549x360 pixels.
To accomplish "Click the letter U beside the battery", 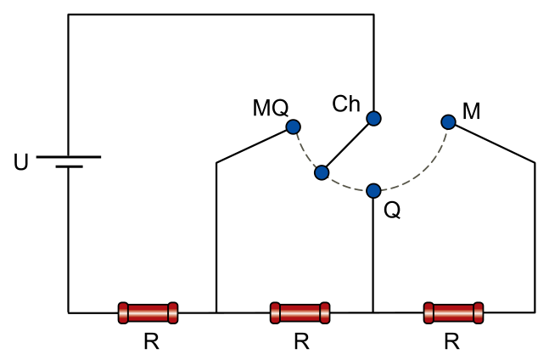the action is (x=20, y=162).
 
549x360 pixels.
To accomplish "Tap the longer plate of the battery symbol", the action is (x=69, y=157).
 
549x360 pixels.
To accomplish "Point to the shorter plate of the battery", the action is (x=69, y=166).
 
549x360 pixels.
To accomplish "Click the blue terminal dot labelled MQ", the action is (x=294, y=127).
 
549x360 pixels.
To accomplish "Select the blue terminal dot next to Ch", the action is (x=373, y=118).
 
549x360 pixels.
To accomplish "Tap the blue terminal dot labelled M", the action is (x=449, y=122).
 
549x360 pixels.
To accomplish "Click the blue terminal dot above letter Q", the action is (x=373, y=191).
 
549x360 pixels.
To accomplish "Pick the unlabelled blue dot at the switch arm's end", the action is (x=322, y=172).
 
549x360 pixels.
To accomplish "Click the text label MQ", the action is (x=271, y=108).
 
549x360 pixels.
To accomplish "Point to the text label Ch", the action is (x=346, y=104).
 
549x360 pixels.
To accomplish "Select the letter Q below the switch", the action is (x=392, y=211).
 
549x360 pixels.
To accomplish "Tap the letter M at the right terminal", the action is (x=471, y=111).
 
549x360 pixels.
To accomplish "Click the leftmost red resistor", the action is (x=148, y=312).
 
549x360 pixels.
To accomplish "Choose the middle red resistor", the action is (x=300, y=312).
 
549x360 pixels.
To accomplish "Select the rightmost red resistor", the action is (x=453, y=312).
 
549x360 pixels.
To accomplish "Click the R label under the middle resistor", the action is (x=301, y=341).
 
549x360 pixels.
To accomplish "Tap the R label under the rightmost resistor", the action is (x=451, y=341).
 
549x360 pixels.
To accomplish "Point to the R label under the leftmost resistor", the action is (x=151, y=341).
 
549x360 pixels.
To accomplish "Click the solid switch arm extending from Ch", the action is (x=348, y=146).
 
